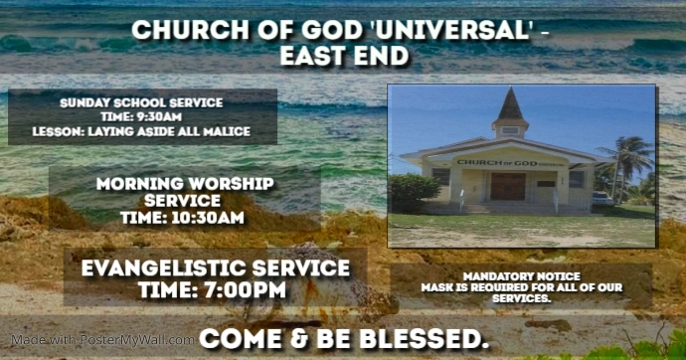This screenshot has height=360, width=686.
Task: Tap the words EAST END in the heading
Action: [x=344, y=56]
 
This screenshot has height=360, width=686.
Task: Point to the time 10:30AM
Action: [x=184, y=218]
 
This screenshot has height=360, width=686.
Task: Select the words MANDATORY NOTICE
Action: [x=521, y=275]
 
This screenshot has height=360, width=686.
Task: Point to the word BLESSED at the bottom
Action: [x=429, y=338]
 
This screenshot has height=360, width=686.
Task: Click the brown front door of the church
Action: [x=507, y=186]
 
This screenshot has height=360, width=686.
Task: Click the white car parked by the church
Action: [x=602, y=197]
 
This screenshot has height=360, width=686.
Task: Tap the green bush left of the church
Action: [x=414, y=190]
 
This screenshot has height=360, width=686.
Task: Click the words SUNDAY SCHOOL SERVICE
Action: [x=141, y=102]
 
